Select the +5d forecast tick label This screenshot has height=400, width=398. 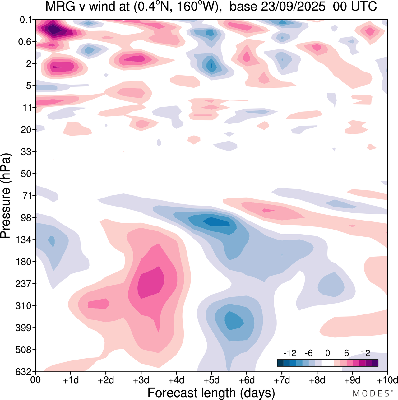pos(211,380)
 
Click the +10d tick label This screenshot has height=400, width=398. pos(387,380)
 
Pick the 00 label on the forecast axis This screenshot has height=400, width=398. pos(36,380)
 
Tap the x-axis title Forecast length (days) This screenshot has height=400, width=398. pos(211,393)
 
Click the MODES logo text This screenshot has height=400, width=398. pos(372,393)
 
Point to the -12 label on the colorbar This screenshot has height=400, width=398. pos(290,353)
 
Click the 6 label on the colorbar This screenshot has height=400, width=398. pos(347,353)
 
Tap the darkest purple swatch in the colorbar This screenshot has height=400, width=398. pos(375,363)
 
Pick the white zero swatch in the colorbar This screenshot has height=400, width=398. pos(327,363)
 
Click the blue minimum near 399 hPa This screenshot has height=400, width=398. pos(234,321)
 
